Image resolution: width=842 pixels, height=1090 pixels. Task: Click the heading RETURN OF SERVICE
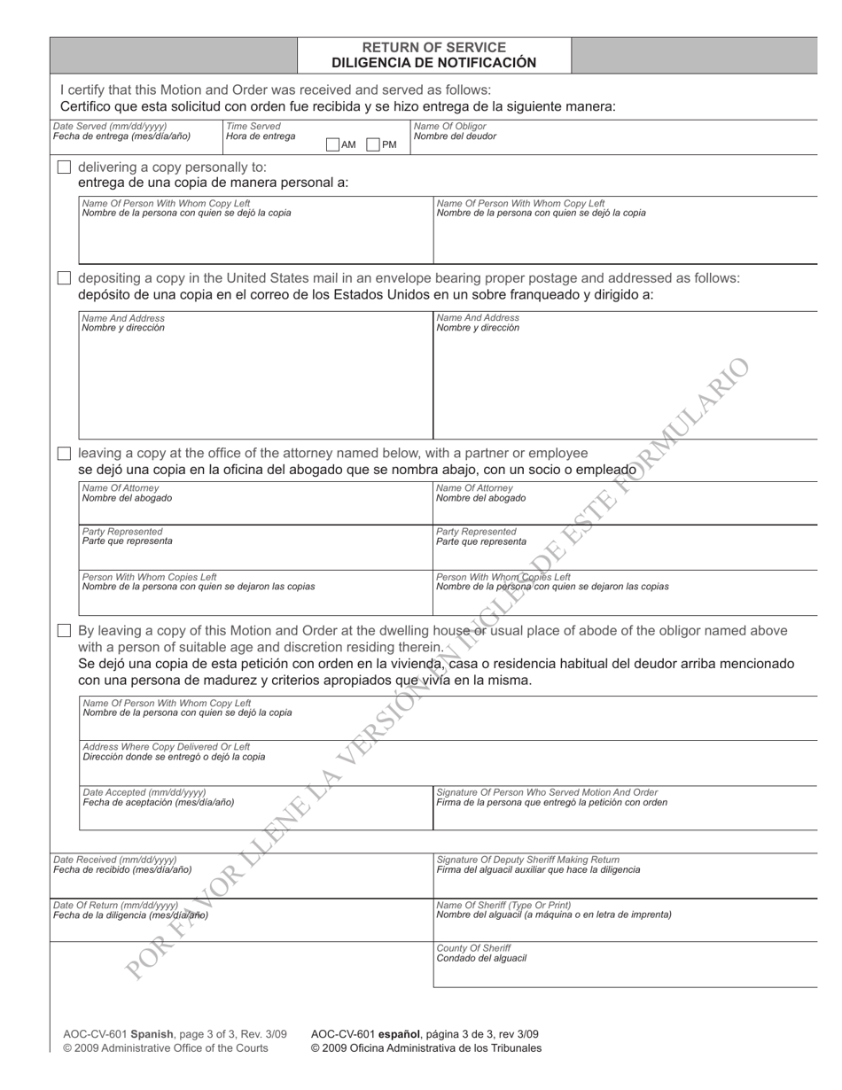click(434, 47)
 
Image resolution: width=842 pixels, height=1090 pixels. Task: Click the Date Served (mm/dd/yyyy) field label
click(110, 127)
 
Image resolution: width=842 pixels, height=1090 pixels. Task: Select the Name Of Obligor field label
click(450, 127)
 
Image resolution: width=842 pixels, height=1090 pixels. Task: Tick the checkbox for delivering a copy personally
click(64, 167)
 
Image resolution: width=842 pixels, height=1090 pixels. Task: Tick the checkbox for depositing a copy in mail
click(64, 278)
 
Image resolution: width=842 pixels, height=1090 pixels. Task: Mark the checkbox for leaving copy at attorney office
click(64, 454)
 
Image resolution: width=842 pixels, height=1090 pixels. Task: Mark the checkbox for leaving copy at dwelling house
click(64, 631)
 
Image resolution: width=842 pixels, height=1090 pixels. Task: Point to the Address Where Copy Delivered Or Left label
click(167, 747)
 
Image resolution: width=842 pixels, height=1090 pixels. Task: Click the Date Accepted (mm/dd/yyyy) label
click(144, 792)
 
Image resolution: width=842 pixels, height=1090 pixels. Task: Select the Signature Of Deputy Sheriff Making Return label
click(528, 860)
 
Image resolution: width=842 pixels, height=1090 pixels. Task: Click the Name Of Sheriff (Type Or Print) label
click(504, 905)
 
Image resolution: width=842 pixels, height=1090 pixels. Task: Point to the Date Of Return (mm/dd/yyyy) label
click(116, 905)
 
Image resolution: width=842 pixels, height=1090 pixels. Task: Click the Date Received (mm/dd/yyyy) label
click(115, 860)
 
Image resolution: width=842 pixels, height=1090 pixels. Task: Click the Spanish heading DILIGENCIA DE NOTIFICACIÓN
click(434, 63)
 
